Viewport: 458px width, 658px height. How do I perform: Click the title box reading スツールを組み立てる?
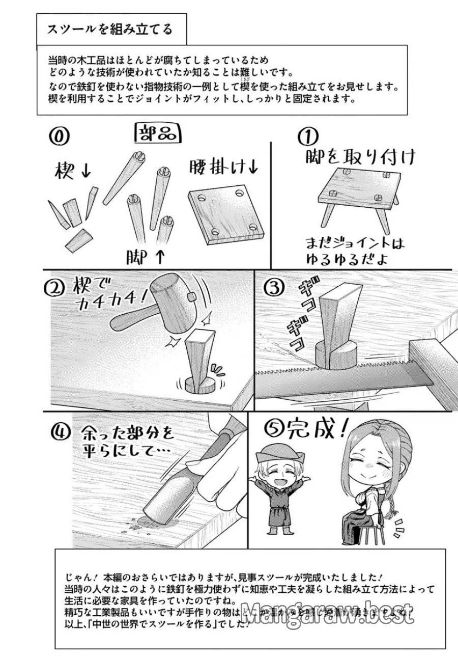click(x=109, y=30)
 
